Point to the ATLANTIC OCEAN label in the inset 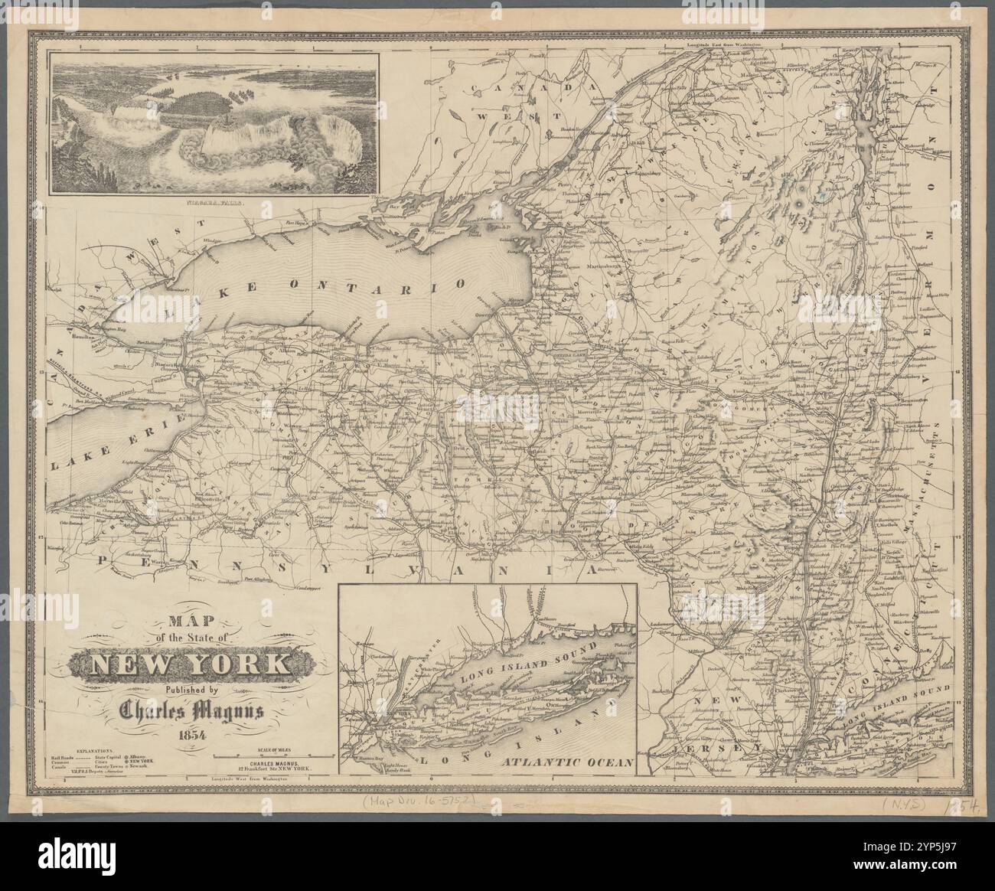[565, 762]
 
